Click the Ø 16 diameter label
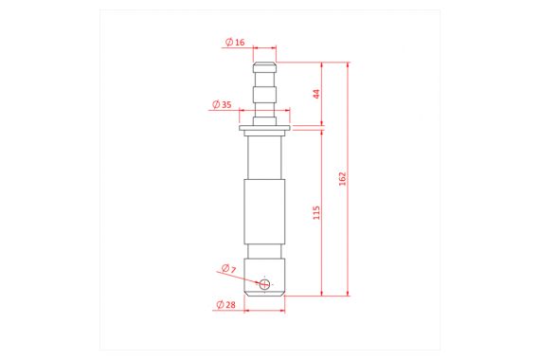point(235,43)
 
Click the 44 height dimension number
point(316,93)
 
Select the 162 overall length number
point(343,179)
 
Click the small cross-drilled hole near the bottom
point(266,283)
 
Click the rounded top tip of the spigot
point(265,65)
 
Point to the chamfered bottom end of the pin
point(265,294)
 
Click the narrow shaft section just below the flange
point(265,156)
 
